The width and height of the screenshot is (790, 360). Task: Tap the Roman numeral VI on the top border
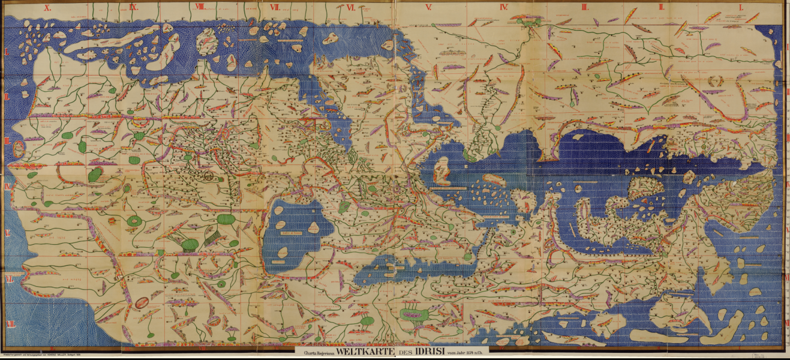pos(350,8)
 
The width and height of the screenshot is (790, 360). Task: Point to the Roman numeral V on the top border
pos(428,8)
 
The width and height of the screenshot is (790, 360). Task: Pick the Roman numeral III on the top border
pos(584,7)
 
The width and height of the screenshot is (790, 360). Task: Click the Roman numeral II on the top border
pos(661,7)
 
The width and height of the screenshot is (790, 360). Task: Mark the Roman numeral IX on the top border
pos(133,8)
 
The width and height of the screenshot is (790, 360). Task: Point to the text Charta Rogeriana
pos(317,353)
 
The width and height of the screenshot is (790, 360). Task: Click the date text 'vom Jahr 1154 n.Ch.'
pos(470,353)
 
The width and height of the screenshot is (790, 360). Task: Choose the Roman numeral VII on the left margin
pos(8,279)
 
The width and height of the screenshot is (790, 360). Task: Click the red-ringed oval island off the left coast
pos(19,149)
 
